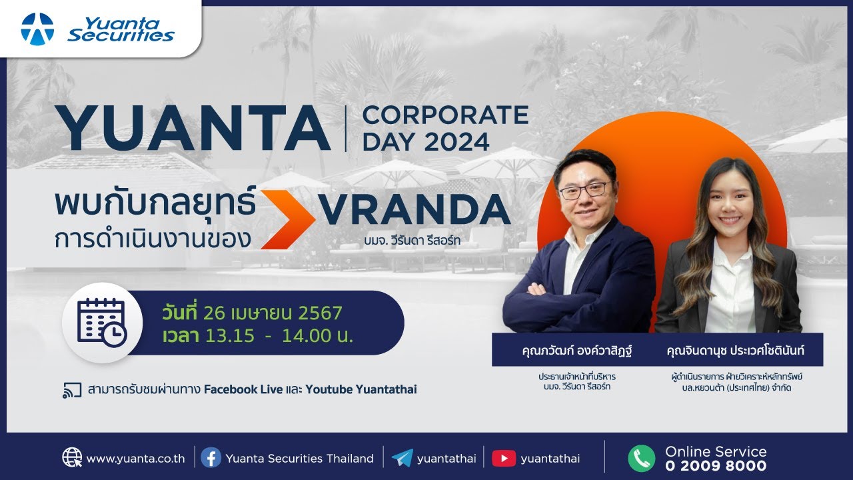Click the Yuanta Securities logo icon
coord(37,29)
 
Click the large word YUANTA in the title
coord(193,128)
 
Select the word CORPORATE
coord(445,115)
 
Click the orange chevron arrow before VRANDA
coord(287,219)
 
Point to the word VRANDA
coord(415,211)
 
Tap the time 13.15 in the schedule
coord(230,335)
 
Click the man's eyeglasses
coord(584,191)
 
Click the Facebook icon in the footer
coord(211,458)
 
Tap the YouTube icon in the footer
coord(504,458)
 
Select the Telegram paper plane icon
coord(402,458)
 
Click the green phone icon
coord(641,458)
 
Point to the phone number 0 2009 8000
coord(716,466)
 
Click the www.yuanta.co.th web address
coord(135,459)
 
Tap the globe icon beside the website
coord(72,458)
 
